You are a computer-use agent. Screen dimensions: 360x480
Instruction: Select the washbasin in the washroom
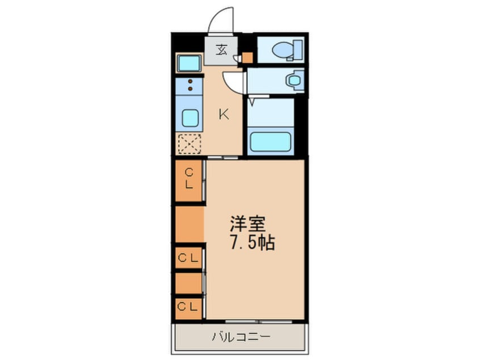pyautogui.click(x=293, y=79)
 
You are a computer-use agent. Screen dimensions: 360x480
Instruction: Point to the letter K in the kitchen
pyautogui.click(x=224, y=114)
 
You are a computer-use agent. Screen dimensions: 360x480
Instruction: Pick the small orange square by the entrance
pyautogui.click(x=247, y=57)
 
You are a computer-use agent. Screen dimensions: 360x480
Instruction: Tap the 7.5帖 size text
pyautogui.click(x=252, y=243)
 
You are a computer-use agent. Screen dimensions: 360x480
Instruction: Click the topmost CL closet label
pyautogui.click(x=189, y=178)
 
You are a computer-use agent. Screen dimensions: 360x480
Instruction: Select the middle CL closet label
pyautogui.click(x=189, y=258)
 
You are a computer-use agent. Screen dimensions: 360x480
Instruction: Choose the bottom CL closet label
pyautogui.click(x=189, y=307)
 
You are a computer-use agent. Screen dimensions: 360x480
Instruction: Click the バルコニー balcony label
pyautogui.click(x=241, y=336)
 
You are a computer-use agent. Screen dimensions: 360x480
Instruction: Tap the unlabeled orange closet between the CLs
pyautogui.click(x=189, y=224)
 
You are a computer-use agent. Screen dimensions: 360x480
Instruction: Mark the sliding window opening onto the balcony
pyautogui.click(x=250, y=321)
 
